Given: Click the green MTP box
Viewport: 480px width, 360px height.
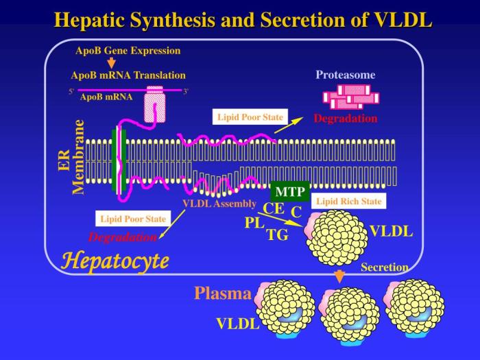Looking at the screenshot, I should (289, 191).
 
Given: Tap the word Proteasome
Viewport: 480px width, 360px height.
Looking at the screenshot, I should (345, 75).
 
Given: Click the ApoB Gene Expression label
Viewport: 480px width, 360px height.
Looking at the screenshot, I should (128, 50).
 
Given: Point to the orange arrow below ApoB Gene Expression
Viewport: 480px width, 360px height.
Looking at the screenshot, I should (112, 62).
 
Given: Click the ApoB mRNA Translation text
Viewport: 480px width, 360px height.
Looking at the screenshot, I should (128, 75).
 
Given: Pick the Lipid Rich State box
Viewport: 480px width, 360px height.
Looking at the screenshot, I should (348, 202).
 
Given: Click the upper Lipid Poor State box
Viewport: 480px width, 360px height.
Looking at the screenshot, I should (250, 117).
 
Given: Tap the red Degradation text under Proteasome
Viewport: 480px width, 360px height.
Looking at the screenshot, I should (345, 119).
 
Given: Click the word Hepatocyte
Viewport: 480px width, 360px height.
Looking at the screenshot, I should (115, 261).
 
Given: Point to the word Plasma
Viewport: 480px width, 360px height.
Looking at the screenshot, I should (222, 293).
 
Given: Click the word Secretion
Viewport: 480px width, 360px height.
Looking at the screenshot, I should (384, 267).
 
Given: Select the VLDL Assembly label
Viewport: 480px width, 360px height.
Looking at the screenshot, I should (219, 204).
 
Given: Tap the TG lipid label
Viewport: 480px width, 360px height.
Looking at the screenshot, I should (277, 235).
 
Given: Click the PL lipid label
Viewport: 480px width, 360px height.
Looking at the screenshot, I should (254, 223).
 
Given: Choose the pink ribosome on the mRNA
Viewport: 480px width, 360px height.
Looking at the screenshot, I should (154, 103).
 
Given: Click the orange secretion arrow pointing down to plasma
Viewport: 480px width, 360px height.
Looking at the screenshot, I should (337, 276).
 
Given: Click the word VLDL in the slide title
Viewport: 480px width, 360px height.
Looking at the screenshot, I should (403, 20).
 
